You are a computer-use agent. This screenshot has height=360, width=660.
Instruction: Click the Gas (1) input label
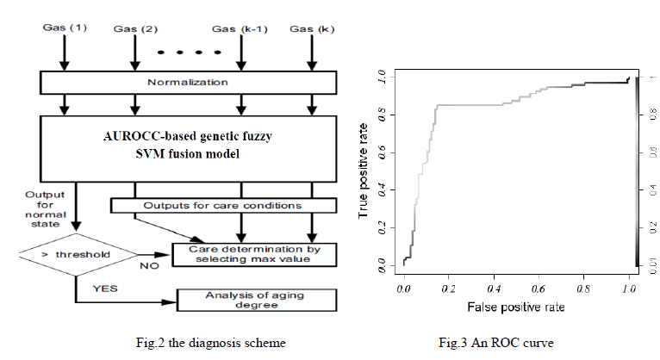61,28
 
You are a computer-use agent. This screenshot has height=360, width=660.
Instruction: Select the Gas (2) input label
133,29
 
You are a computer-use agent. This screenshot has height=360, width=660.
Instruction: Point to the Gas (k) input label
312,29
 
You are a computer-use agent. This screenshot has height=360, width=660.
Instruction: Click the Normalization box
188,83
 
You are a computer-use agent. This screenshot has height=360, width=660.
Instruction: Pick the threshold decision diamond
77,255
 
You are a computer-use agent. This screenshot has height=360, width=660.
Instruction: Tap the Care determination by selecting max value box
253,255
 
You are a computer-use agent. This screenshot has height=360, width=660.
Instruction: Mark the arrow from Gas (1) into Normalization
62,56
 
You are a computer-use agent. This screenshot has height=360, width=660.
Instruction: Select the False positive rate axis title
515,307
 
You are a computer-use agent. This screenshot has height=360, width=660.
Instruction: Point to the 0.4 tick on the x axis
494,289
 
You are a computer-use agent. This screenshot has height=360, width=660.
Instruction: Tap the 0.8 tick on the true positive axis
382,115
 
